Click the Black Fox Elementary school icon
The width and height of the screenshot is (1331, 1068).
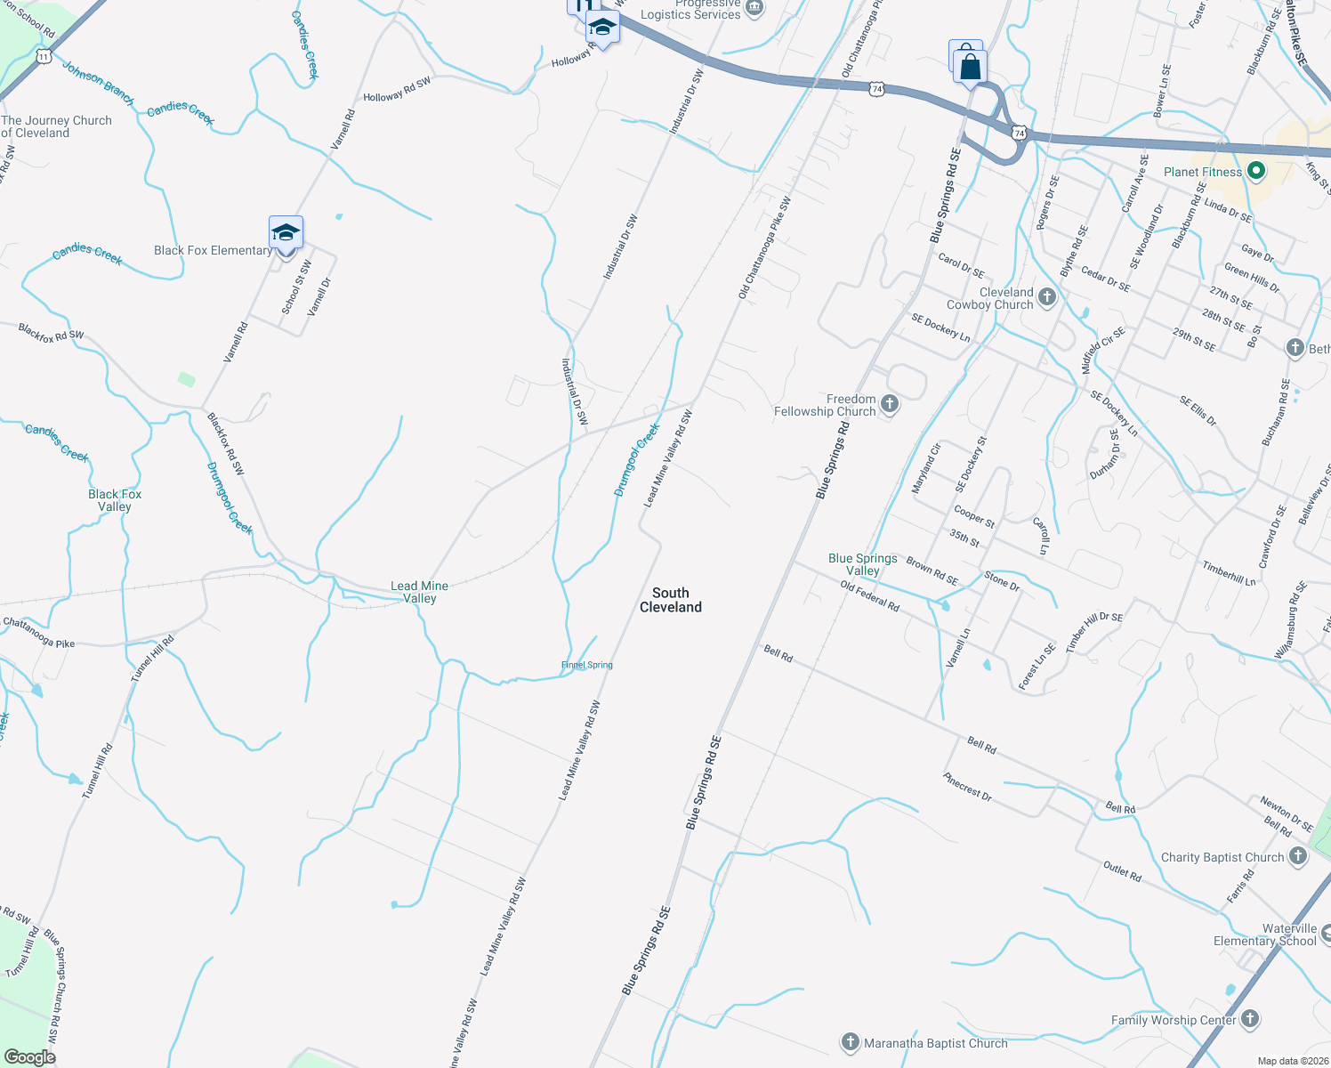(286, 233)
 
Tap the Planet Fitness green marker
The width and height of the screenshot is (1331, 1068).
(1256, 172)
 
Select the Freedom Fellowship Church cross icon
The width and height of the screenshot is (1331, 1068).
(889, 406)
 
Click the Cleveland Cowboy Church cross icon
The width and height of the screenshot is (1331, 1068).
(1047, 297)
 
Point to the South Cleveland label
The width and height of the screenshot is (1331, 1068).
(671, 600)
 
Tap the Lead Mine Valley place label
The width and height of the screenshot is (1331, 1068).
(420, 592)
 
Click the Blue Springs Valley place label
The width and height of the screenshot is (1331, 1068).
(862, 564)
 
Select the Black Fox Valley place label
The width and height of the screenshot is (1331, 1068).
(115, 500)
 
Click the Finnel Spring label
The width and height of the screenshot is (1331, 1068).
(587, 665)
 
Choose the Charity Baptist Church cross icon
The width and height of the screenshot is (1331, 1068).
(1298, 857)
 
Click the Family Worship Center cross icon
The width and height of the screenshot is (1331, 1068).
(1250, 1020)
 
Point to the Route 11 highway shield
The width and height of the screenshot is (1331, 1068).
(44, 56)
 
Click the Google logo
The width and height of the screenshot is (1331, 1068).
(29, 1057)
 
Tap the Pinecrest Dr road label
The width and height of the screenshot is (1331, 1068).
(967, 786)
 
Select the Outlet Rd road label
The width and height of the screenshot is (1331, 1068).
(1122, 870)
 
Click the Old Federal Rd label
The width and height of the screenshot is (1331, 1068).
(870, 595)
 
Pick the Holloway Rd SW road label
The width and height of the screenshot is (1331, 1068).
(397, 89)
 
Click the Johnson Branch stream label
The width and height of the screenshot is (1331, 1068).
(98, 83)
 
